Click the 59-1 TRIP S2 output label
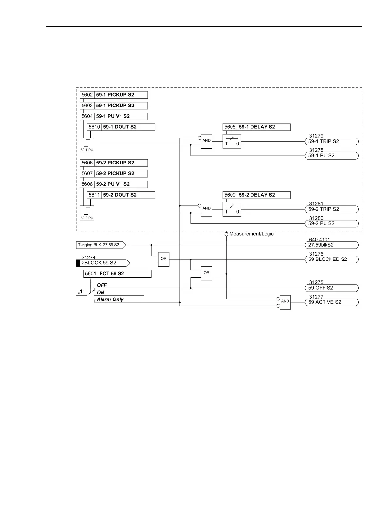[331, 142]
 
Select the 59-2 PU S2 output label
[331, 224]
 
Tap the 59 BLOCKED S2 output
[331, 260]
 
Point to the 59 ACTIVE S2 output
[331, 302]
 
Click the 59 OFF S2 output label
[331, 288]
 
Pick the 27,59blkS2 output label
[331, 245]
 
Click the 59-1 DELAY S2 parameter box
[256, 127]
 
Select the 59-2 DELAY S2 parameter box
[256, 195]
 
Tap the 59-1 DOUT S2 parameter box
[121, 127]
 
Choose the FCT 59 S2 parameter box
[117, 274]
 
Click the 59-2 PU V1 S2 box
[114, 184]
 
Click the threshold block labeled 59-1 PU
[87, 145]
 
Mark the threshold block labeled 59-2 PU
[87, 213]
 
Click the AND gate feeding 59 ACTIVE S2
[285, 302]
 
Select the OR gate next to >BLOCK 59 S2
[163, 259]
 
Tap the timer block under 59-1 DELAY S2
[232, 141]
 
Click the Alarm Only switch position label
[110, 299]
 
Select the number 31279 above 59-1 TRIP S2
[316, 136]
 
